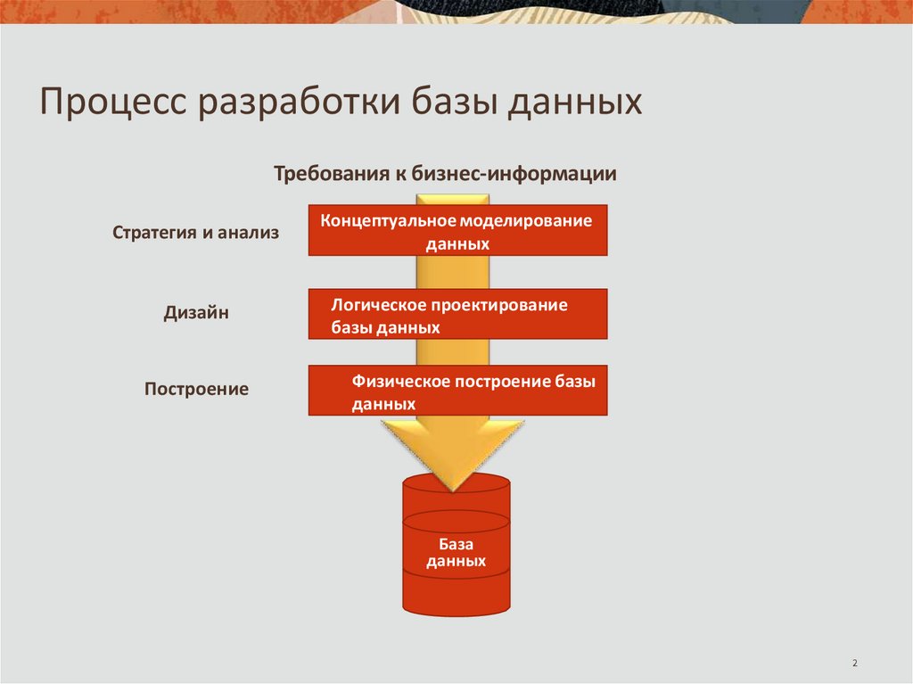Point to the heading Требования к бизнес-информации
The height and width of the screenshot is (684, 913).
445,174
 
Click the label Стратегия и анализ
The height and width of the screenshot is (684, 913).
196,233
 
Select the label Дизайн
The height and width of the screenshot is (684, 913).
196,313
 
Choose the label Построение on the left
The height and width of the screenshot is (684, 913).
196,390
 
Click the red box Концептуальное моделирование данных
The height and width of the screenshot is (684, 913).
457,230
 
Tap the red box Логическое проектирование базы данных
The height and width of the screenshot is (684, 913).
457,314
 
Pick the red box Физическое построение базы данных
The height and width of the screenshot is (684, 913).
457,391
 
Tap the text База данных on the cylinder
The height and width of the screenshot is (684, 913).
456,553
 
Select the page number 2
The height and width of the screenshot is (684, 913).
854,663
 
